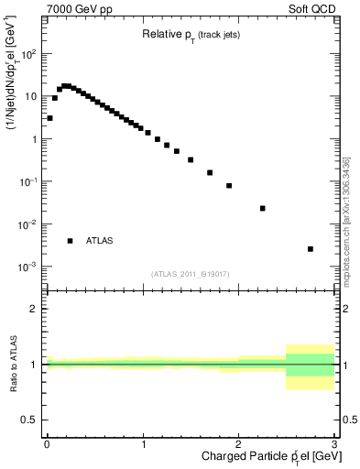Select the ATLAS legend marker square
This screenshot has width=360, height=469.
click(70, 241)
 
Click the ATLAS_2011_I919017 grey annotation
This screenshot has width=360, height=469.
click(190, 274)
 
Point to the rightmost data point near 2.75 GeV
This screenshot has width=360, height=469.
click(311, 248)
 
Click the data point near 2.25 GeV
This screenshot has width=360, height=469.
click(263, 208)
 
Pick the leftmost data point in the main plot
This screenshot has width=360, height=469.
click(49, 118)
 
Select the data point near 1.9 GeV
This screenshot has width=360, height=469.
click(229, 185)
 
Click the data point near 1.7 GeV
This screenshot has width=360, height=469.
click(210, 172)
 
